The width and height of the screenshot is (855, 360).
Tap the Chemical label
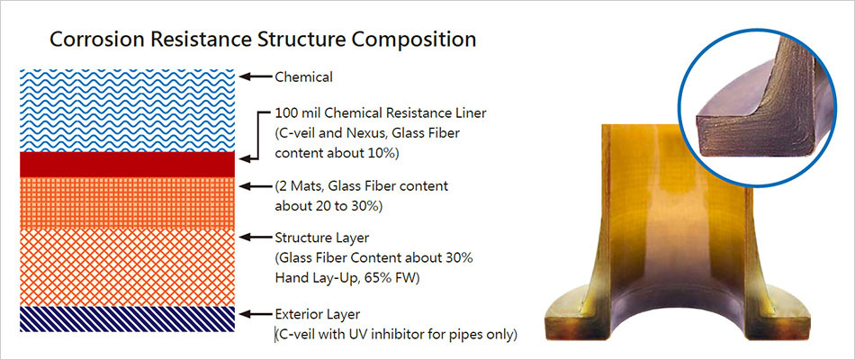(x=303, y=77)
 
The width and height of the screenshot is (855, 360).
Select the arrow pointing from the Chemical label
(x=256, y=76)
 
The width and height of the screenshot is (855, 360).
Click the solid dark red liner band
(x=127, y=165)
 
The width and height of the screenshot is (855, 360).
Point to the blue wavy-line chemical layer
(x=127, y=111)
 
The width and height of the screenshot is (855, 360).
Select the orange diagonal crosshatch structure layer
(x=127, y=268)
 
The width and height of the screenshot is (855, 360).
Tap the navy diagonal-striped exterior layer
(x=127, y=319)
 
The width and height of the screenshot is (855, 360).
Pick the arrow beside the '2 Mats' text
(x=256, y=186)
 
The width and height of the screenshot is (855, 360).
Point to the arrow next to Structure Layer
(x=256, y=238)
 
